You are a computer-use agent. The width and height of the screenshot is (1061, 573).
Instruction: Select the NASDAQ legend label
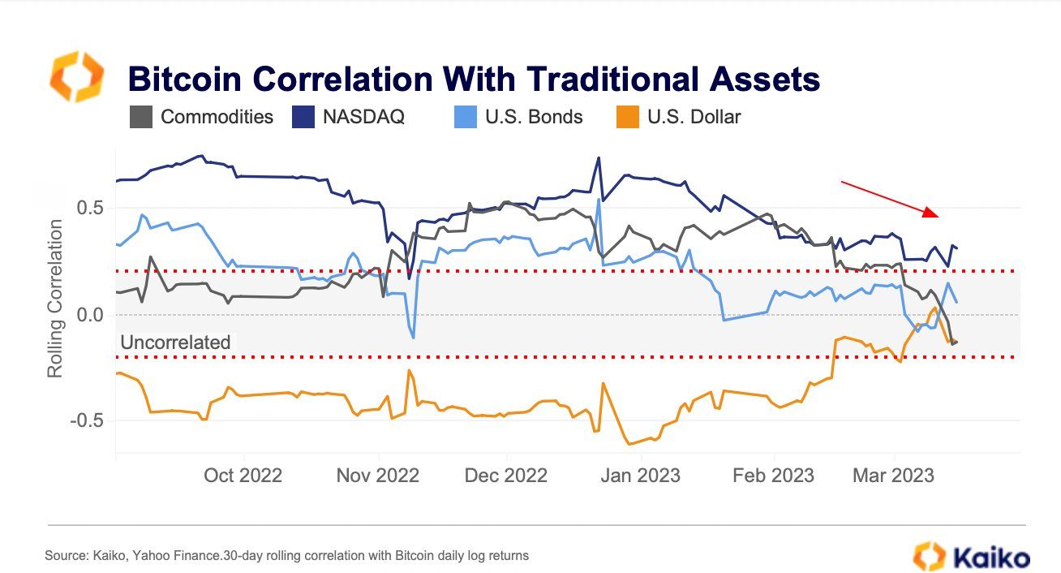tap(363, 117)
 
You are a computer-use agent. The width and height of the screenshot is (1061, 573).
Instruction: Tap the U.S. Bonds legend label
tap(534, 117)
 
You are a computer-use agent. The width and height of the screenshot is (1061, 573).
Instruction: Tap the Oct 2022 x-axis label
tap(243, 476)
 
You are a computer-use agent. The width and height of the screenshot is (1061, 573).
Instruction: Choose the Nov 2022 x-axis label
tap(378, 476)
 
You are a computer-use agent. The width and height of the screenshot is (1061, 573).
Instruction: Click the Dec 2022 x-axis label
tap(506, 476)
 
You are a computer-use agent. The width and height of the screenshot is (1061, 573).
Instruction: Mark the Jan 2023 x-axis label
tap(641, 476)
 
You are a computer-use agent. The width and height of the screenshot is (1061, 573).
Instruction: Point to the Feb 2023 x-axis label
tap(773, 476)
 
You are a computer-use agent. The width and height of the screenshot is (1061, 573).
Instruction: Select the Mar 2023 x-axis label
tap(893, 476)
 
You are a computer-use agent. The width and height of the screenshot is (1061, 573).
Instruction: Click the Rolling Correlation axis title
tap(55, 298)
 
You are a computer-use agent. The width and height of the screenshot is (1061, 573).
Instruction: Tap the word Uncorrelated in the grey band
tap(175, 343)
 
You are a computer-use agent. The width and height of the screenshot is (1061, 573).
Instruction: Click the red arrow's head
tap(934, 214)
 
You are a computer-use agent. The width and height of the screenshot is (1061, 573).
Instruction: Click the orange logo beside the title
tap(77, 76)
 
